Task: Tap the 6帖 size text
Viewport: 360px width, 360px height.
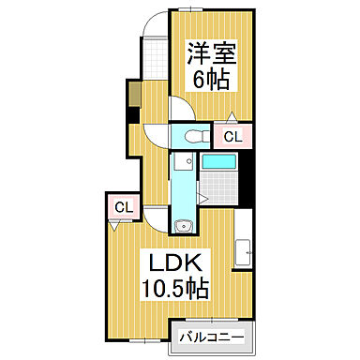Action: pyautogui.click(x=211, y=79)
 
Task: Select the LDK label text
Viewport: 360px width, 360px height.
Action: pyautogui.click(x=174, y=261)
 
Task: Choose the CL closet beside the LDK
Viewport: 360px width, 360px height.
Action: pyautogui.click(x=122, y=207)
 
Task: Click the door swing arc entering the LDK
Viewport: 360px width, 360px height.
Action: pyautogui.click(x=155, y=217)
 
